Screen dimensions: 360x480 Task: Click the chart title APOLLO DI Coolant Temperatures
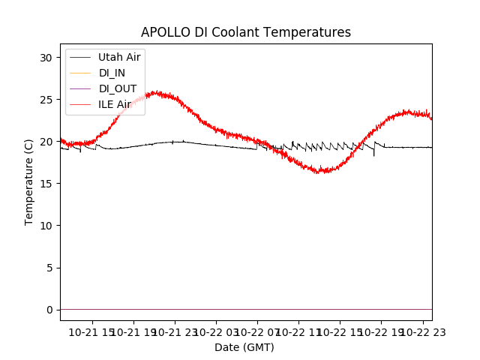tap(246, 32)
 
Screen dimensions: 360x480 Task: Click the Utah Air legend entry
tap(118, 57)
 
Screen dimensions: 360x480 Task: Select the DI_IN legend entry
tap(112, 73)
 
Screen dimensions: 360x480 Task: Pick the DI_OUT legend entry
tap(117, 88)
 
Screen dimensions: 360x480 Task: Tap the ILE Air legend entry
tap(115, 104)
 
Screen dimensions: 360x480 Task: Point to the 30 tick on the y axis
tap(46, 58)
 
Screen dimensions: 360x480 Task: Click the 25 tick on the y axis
tap(46, 100)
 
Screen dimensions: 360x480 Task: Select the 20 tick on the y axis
tap(46, 142)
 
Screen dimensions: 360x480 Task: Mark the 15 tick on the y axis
tap(46, 184)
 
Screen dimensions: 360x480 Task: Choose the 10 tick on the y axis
tap(46, 226)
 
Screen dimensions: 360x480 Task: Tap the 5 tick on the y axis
tap(49, 268)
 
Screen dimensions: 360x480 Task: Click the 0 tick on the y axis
tap(49, 310)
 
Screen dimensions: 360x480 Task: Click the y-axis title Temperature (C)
tap(29, 181)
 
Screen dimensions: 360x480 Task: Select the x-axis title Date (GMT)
tap(244, 347)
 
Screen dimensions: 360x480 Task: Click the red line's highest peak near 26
tap(155, 92)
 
